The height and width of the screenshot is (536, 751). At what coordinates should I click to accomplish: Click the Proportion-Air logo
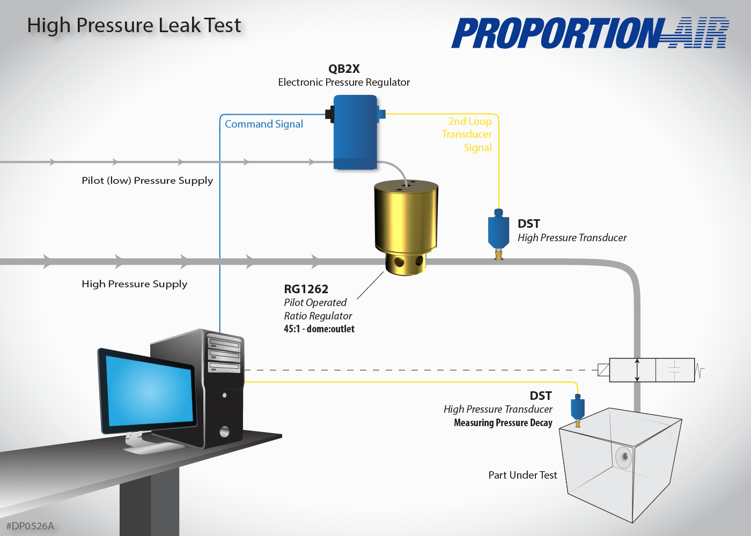point(590,33)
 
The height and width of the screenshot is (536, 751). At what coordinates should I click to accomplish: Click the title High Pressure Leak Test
point(134,26)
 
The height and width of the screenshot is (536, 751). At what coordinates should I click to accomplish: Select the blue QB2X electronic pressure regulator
point(355,132)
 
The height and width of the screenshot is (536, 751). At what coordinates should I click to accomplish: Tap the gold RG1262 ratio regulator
point(406,220)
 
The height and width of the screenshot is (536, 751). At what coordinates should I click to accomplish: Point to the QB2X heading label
point(344,69)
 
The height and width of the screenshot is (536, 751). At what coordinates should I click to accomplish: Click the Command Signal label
point(263,124)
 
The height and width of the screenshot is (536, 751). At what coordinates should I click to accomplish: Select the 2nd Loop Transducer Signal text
point(467,135)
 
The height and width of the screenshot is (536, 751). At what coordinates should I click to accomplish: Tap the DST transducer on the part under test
point(577,408)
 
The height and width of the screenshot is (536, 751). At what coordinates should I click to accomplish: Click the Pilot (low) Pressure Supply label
point(147,181)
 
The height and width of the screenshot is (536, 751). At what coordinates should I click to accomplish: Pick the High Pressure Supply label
point(134,284)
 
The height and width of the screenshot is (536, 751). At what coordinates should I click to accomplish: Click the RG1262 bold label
point(306,289)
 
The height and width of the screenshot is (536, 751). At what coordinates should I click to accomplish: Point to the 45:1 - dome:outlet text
point(319,329)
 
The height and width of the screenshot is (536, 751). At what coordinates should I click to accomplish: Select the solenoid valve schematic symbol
point(652,370)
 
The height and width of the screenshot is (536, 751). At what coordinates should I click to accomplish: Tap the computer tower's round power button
point(224,431)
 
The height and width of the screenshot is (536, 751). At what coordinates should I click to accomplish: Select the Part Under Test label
point(522,475)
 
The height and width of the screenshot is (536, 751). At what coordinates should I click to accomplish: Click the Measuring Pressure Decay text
point(503,423)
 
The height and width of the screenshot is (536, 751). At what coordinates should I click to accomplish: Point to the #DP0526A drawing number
point(30,526)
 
